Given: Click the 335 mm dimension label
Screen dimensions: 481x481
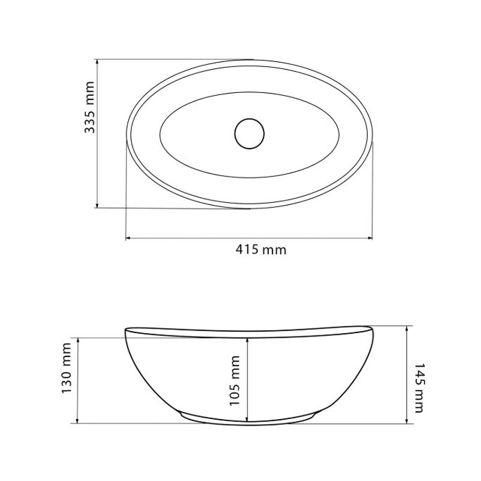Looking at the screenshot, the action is tap(89, 107).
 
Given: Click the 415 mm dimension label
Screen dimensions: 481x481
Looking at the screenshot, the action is tap(261, 250).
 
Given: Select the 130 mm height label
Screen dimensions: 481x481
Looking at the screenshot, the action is tap(67, 368).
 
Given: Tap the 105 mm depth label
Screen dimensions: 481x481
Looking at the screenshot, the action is tap(235, 381).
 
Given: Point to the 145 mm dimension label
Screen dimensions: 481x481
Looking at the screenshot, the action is tap(419, 388).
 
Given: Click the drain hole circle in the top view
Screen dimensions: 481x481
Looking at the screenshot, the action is tap(249, 134).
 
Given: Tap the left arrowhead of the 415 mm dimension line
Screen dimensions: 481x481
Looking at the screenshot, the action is tap(128, 238).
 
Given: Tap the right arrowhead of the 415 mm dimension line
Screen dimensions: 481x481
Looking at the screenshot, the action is tap(370, 238).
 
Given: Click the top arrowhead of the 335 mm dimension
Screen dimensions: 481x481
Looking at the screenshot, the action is tap(97, 62).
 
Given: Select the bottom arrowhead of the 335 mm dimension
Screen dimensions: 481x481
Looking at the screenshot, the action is tap(97, 205).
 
